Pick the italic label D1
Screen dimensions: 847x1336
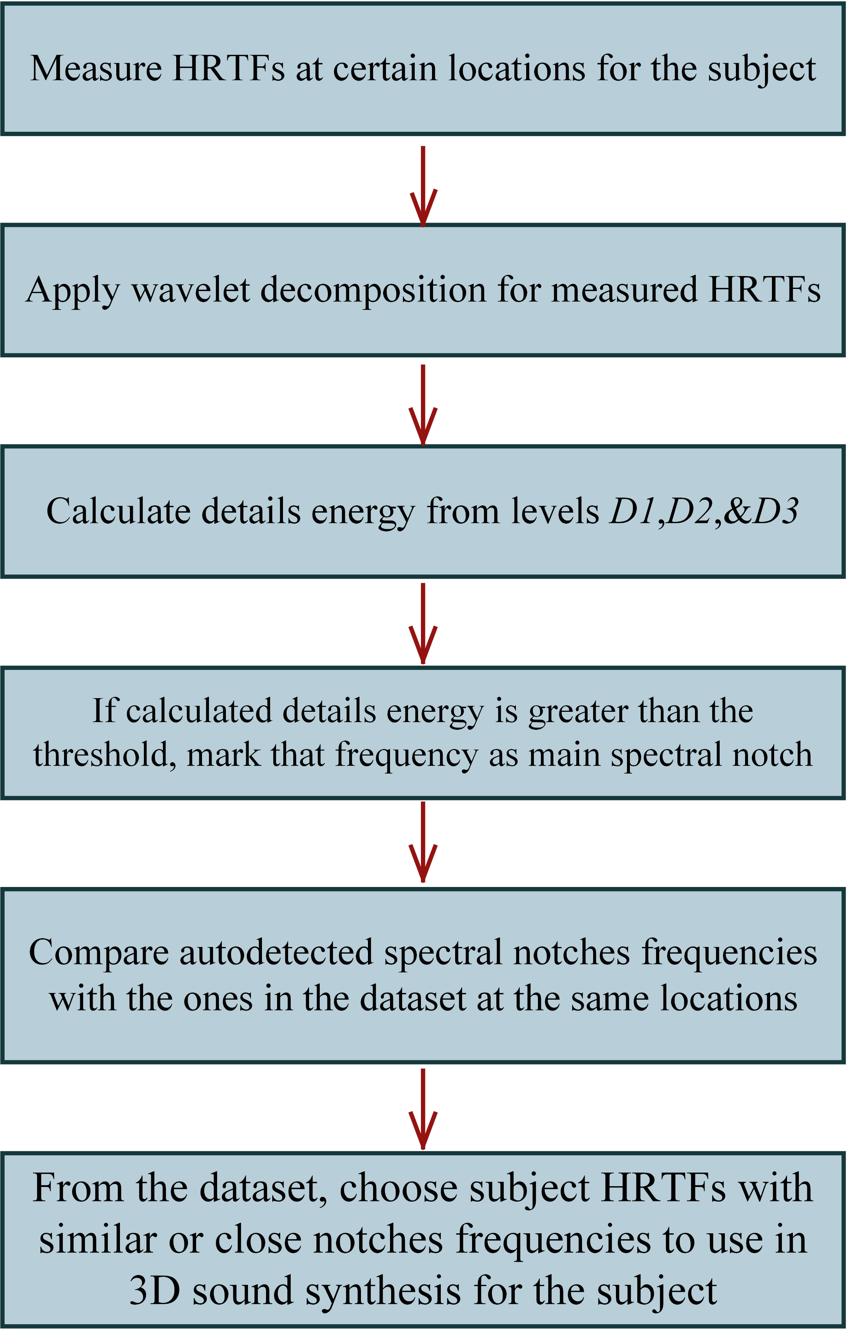pos(633,511)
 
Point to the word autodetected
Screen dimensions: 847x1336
pos(276,952)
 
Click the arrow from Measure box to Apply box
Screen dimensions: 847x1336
pos(423,187)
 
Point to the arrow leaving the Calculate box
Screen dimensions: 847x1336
pos(423,623)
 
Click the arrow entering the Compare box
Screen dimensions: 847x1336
pos(423,842)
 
